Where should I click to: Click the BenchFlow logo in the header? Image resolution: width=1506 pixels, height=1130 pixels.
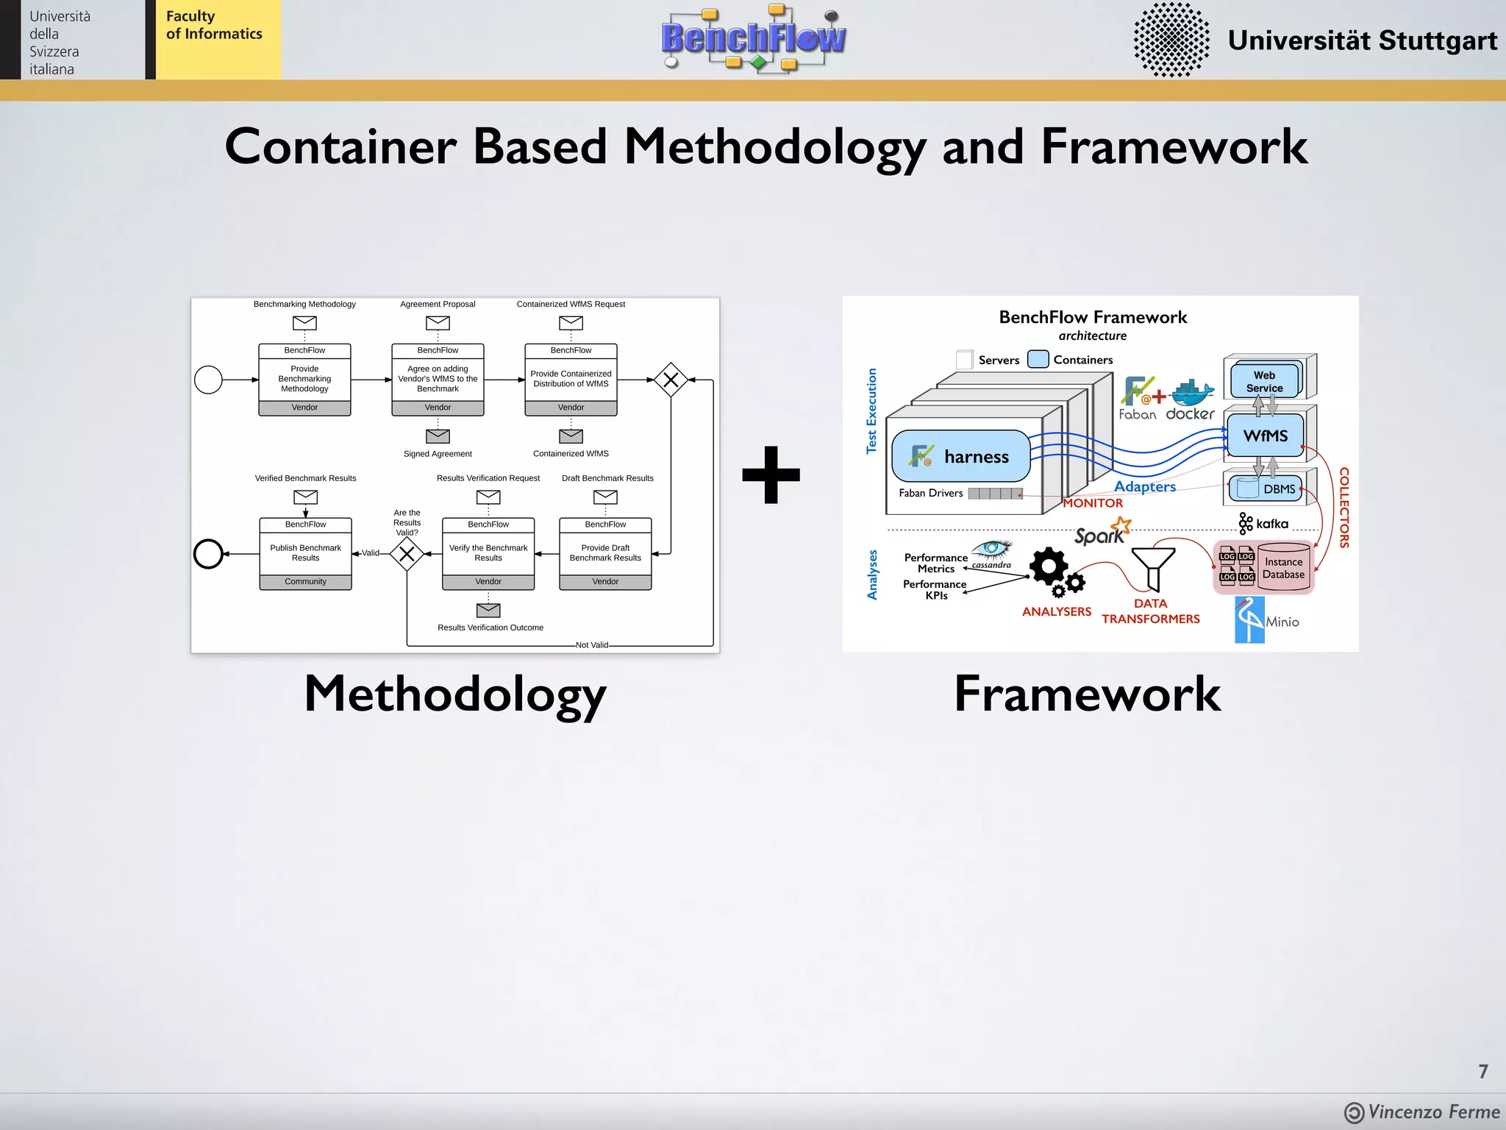(x=753, y=38)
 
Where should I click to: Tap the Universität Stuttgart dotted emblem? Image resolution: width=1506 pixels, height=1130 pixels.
(x=1171, y=40)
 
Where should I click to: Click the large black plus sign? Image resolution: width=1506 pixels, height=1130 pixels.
(x=771, y=475)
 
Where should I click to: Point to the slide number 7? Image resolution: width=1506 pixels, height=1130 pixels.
(x=1483, y=1071)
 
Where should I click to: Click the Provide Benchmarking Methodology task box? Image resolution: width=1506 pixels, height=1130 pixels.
(x=304, y=380)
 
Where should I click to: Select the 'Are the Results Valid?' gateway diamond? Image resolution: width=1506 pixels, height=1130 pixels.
(x=407, y=554)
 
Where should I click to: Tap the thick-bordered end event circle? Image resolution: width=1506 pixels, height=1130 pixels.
(x=208, y=554)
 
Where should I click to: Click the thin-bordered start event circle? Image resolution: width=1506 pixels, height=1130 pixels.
(x=208, y=380)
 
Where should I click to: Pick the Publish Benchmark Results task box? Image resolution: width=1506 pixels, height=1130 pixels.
(x=305, y=553)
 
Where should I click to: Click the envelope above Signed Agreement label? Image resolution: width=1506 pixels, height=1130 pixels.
(x=438, y=436)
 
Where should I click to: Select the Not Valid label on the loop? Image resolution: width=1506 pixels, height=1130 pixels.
(x=592, y=645)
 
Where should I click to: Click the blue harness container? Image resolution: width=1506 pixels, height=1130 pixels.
(x=961, y=456)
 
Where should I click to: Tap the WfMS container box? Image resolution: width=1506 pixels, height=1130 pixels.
(x=1265, y=436)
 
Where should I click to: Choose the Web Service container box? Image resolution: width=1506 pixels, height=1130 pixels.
(x=1264, y=381)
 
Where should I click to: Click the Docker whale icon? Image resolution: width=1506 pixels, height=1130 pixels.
(x=1192, y=393)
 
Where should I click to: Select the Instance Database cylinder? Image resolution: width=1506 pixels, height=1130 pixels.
(x=1284, y=567)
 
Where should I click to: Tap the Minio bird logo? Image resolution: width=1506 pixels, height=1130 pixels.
(x=1249, y=619)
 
